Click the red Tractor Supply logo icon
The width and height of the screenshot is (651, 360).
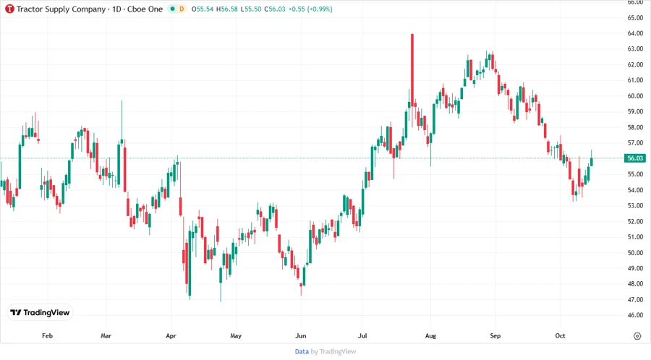coord(9,9)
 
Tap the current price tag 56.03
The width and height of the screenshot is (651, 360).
coord(635,158)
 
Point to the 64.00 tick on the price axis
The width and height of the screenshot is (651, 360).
coord(635,33)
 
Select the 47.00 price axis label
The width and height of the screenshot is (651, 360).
coord(635,299)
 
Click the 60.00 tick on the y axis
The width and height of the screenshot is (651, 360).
coord(635,95)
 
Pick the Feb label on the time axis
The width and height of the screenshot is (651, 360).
coord(48,336)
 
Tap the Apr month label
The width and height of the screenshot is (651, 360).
coord(171,336)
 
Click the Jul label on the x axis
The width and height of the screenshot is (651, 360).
coord(366,336)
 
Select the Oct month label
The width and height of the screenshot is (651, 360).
coord(560,336)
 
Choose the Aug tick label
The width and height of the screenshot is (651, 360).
coord(430,336)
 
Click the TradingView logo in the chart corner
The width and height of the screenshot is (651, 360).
coord(40,313)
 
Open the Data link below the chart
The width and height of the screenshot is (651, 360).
coord(302,351)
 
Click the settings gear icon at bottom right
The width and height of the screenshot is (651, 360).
coord(637,336)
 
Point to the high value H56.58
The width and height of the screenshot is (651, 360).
coord(229,9)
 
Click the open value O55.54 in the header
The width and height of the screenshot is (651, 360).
coord(205,9)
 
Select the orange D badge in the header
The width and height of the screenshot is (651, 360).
coord(182,9)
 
